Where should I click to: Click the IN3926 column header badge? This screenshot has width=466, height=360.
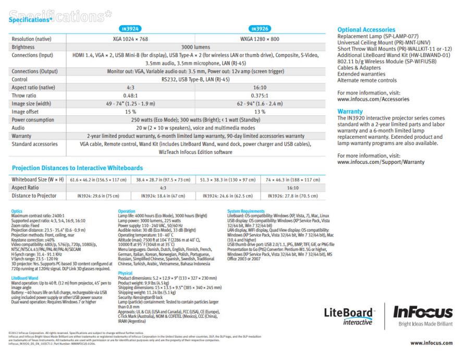click(260, 29)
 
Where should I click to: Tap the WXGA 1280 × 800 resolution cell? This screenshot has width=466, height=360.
click(260, 38)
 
